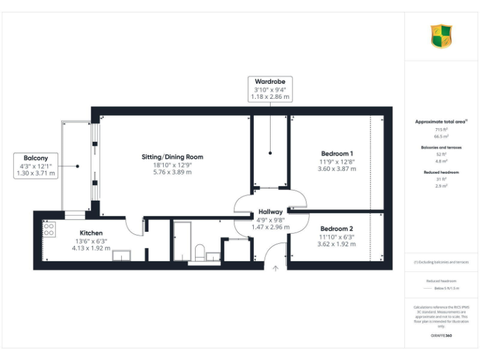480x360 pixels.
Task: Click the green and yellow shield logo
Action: tap(441, 36)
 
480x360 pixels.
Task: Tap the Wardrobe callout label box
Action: tap(270, 89)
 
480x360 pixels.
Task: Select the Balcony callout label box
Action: tap(36, 166)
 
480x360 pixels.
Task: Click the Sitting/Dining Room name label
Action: tap(173, 157)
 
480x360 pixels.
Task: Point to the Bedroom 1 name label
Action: tap(337, 154)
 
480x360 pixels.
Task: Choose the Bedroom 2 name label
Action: tap(337, 229)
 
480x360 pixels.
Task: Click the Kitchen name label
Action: tap(91, 233)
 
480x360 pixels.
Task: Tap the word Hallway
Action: tap(271, 212)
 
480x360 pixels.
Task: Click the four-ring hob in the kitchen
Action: tap(48, 229)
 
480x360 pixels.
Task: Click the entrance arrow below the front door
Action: tap(276, 269)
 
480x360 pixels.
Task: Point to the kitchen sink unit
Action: tap(121, 254)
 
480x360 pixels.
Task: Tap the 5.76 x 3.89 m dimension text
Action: tap(173, 172)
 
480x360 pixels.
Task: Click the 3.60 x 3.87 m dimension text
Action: tap(337, 169)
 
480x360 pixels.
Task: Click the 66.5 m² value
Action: tap(441, 136)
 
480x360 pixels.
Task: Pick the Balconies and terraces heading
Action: tap(441, 147)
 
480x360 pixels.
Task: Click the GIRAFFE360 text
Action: tap(441, 336)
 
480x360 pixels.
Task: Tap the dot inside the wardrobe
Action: tap(270, 152)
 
